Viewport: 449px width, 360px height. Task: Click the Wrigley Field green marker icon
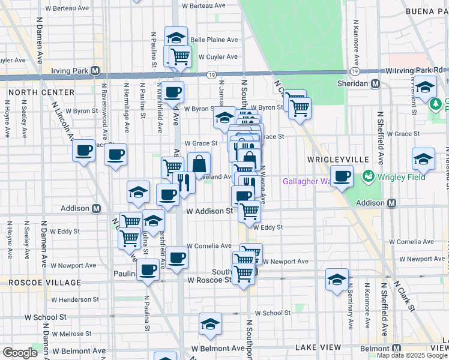[x=367, y=177]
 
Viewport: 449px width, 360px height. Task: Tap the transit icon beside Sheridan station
[x=376, y=84]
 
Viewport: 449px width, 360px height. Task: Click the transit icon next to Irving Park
[x=95, y=71]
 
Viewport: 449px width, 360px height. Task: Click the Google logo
[x=20, y=353]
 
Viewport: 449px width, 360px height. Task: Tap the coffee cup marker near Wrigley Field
[x=342, y=176]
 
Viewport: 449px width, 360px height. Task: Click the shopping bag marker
[x=199, y=163]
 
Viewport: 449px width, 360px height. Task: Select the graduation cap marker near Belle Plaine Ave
[x=176, y=37]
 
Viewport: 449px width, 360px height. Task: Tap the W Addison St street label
[x=209, y=211]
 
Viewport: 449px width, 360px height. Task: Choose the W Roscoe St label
[x=209, y=280]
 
